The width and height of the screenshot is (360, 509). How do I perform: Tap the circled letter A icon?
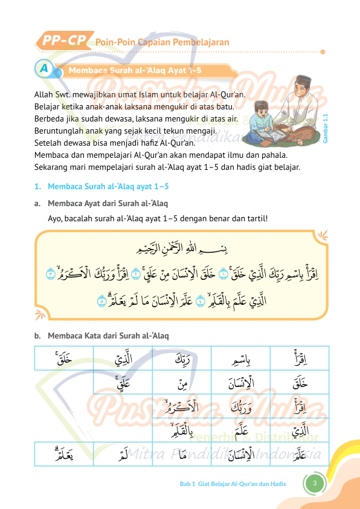click(x=43, y=69)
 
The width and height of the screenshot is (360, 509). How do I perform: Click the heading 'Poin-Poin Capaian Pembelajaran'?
click(x=162, y=42)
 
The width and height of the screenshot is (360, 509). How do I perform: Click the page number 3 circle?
click(x=315, y=483)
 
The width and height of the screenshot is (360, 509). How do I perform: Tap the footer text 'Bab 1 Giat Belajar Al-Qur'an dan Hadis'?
click(x=233, y=484)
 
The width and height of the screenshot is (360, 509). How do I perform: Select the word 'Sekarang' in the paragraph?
click(x=51, y=167)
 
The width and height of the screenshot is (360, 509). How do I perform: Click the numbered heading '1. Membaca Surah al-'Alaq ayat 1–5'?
click(x=101, y=186)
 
